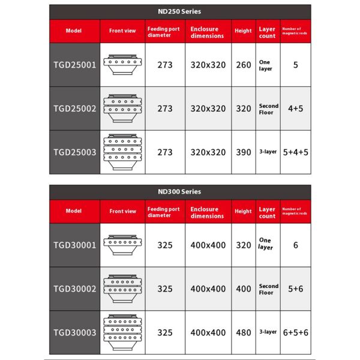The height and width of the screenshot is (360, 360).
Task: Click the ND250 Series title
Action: [x=180, y=11]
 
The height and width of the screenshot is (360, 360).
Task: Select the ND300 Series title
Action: [x=180, y=192]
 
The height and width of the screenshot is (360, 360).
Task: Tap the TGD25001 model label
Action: [x=75, y=65]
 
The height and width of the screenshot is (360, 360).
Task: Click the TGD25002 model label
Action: [x=75, y=109]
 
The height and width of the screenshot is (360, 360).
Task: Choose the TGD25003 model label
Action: [x=75, y=152]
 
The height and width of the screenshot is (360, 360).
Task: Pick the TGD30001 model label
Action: [x=75, y=245]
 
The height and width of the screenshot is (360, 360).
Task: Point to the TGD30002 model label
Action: [x=75, y=289]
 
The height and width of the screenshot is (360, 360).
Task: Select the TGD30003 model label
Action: [x=75, y=332]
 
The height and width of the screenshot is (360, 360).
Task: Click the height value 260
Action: [x=244, y=65]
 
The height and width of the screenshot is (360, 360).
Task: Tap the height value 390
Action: [x=244, y=152]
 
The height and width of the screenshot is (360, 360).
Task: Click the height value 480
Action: [x=244, y=332]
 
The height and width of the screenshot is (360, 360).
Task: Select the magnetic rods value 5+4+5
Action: [x=296, y=152]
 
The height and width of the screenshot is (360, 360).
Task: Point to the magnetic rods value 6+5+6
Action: [x=296, y=332]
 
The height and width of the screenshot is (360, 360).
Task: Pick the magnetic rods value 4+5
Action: [x=296, y=109]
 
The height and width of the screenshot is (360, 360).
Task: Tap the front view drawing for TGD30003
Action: [x=122, y=332]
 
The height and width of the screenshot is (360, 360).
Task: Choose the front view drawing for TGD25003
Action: [x=122, y=152]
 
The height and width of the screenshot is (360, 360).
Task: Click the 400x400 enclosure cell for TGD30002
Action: [x=208, y=289]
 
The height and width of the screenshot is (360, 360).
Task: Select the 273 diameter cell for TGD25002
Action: [x=164, y=109]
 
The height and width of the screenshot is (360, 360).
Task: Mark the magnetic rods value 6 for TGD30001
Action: [x=296, y=245]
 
